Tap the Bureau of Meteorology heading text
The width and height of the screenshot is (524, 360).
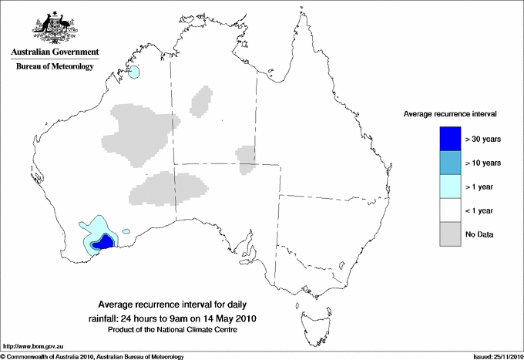(x=55, y=67)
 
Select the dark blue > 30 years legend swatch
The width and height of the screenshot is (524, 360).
(x=450, y=139)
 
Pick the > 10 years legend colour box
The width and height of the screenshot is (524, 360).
(x=450, y=163)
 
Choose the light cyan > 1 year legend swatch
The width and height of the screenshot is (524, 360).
(x=450, y=187)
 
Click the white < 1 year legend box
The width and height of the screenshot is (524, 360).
(x=450, y=210)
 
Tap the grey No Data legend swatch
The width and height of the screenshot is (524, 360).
(x=450, y=234)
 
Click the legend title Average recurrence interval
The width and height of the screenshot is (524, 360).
(x=450, y=113)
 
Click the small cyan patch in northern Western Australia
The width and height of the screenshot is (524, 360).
(x=135, y=72)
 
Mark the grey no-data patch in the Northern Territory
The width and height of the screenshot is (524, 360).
(x=202, y=100)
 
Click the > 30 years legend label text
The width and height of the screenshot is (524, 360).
(x=484, y=139)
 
